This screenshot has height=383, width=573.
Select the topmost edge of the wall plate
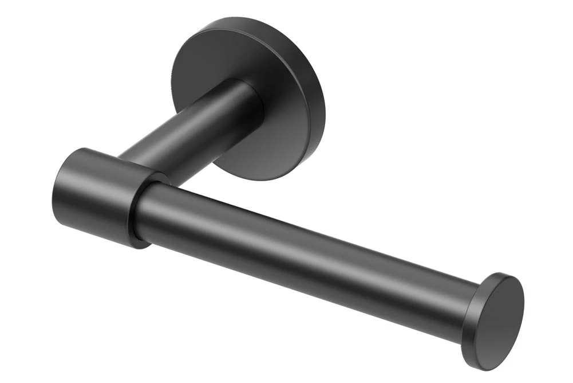tap(240, 18)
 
